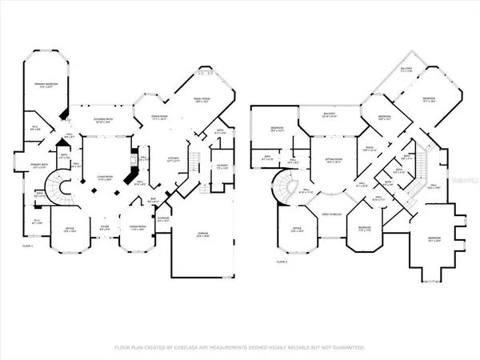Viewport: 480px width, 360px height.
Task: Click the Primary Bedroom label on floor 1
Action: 43,85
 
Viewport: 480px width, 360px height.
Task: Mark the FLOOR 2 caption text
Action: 282,262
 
